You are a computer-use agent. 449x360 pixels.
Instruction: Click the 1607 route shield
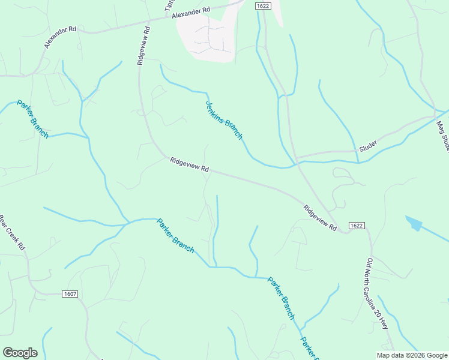(70, 294)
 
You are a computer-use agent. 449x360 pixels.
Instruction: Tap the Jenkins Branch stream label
(224, 120)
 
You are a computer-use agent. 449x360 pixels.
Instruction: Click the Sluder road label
(368, 146)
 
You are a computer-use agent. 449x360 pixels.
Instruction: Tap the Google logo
(20, 353)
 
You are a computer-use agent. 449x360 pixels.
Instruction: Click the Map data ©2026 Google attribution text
(412, 355)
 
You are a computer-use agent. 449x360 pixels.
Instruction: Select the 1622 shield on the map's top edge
(262, 5)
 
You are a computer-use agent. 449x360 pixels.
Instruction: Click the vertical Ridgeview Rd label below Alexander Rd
(142, 45)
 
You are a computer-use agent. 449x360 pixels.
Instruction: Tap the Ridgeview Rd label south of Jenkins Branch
(189, 165)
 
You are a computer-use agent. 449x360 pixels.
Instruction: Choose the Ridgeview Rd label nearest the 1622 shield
(321, 218)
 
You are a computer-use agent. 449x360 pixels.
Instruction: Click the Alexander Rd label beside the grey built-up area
(191, 13)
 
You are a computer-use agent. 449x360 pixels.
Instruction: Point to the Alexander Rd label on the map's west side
(61, 37)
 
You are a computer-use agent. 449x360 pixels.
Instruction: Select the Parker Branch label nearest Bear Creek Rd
(32, 119)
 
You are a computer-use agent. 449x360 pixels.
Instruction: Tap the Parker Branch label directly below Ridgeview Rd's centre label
(175, 235)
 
